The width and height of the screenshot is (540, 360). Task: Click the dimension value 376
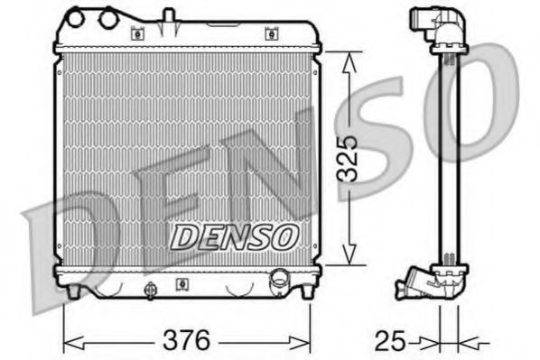pos(187,340)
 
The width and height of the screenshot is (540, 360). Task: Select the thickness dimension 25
pos(392,340)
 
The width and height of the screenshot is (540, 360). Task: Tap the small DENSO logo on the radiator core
pos(234,236)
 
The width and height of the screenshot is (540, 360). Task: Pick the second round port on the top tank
pos(109,16)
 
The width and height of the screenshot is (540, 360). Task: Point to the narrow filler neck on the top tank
pos(168,16)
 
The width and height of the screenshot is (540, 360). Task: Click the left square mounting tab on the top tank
pos(137,34)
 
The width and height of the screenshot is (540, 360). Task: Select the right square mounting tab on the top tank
pos(270,34)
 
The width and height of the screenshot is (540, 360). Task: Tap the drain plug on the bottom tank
pos(148,290)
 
